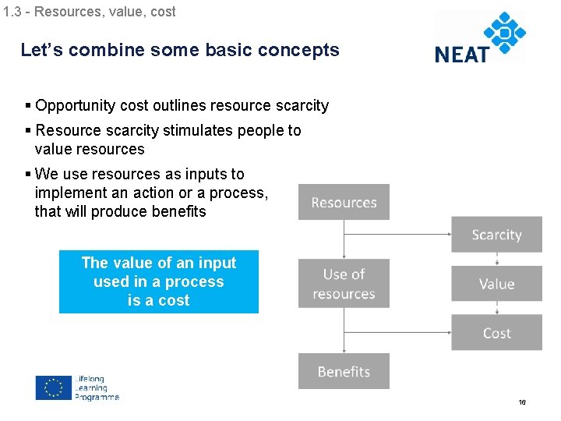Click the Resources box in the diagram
(x=344, y=203)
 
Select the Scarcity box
(x=496, y=235)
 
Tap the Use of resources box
(x=344, y=284)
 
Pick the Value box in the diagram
(x=496, y=284)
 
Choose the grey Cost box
(x=496, y=333)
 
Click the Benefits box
(x=344, y=371)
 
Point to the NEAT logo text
(x=461, y=54)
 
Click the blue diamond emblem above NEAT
(x=505, y=34)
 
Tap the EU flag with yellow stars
(x=54, y=387)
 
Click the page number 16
(x=522, y=402)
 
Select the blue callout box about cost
(x=159, y=281)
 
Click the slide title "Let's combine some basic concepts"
(x=180, y=51)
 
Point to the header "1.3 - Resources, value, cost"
(x=89, y=12)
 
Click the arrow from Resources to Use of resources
(x=344, y=239)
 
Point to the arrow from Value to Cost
(x=496, y=308)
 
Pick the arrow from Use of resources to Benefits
(x=344, y=331)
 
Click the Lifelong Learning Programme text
(x=97, y=388)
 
